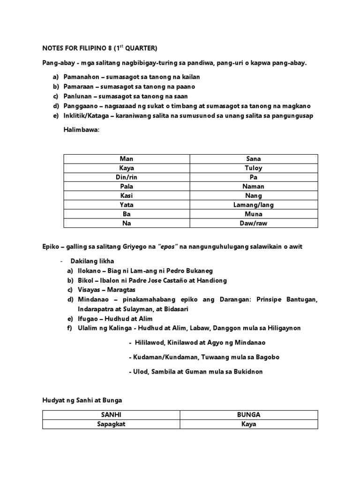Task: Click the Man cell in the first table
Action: pyautogui.click(x=127, y=159)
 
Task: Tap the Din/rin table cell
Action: pyautogui.click(x=127, y=177)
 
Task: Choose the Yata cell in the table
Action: pyautogui.click(x=127, y=205)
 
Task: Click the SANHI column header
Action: pyautogui.click(x=114, y=415)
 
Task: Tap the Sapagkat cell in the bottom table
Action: pyautogui.click(x=114, y=424)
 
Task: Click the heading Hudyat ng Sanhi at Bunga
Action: pyautogui.click(x=82, y=400)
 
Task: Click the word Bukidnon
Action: pyautogui.click(x=246, y=371)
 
